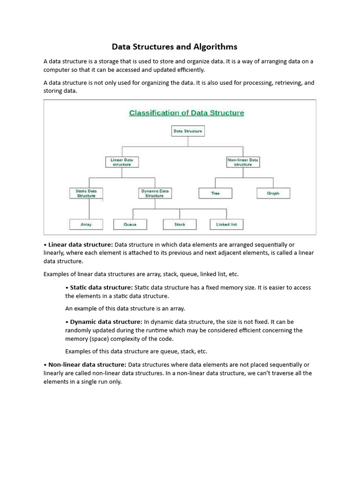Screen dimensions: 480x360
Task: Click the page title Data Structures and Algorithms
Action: click(x=174, y=47)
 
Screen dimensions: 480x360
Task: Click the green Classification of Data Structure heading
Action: click(x=187, y=113)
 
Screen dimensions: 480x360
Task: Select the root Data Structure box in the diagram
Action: click(x=187, y=131)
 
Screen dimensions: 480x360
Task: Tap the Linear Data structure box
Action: click(x=122, y=162)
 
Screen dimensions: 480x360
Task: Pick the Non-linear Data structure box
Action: click(x=243, y=162)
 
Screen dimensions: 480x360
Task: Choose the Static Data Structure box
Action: click(x=86, y=193)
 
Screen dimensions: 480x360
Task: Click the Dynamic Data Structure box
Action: click(x=155, y=193)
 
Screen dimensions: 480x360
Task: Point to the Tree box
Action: click(x=215, y=193)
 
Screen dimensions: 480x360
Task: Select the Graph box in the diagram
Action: click(x=273, y=193)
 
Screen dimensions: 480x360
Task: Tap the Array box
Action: click(x=86, y=225)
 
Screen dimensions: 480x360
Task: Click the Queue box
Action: click(x=130, y=225)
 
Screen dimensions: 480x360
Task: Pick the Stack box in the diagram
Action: click(x=180, y=225)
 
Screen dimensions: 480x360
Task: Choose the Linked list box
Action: click(x=226, y=225)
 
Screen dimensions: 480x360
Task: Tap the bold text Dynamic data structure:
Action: click(x=106, y=322)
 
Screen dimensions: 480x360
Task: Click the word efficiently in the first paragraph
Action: click(x=189, y=70)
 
